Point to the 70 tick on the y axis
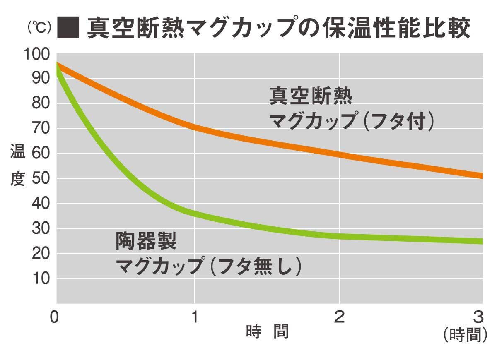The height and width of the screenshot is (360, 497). [41, 128]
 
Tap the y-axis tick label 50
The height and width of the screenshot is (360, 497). [41, 178]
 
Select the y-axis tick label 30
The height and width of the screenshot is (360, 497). [41, 228]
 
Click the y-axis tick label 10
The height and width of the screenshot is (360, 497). [41, 278]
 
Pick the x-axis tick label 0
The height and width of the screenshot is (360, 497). [54, 317]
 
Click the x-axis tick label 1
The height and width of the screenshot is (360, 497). [194, 317]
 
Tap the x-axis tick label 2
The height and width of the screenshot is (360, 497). [339, 317]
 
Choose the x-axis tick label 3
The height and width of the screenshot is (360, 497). [478, 317]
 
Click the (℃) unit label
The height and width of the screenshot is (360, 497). [39, 28]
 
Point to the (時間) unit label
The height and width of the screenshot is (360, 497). [465, 335]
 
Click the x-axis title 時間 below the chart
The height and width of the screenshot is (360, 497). [267, 332]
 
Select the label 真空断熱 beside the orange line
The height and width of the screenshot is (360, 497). [311, 96]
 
